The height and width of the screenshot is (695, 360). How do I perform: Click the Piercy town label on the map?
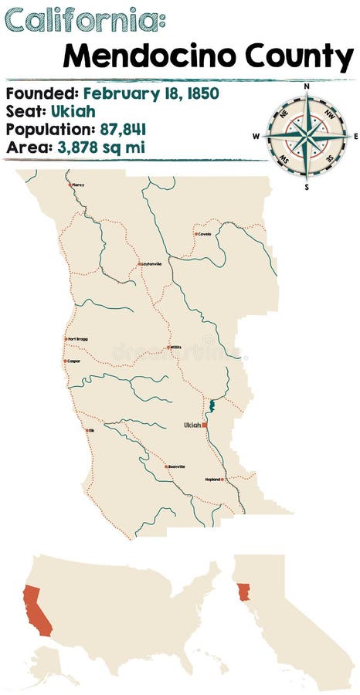77,185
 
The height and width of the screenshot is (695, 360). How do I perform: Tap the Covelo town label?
204,233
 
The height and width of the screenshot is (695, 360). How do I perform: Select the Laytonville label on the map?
151,263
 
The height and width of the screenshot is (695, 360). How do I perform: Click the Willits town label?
176,347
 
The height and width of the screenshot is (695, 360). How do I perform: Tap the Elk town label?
90,430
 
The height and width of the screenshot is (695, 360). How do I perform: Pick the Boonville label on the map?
175,466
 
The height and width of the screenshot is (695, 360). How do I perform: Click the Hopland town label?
213,480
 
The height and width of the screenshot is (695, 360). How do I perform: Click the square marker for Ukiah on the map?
204,425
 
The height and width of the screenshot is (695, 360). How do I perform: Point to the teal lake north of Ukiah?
211,405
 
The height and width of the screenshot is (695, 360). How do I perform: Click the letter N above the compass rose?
307,86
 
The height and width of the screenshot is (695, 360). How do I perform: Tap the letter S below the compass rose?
307,186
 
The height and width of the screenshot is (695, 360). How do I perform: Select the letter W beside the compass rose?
256,136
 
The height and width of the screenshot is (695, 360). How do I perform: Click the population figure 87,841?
121,128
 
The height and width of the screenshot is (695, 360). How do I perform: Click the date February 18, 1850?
151,93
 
